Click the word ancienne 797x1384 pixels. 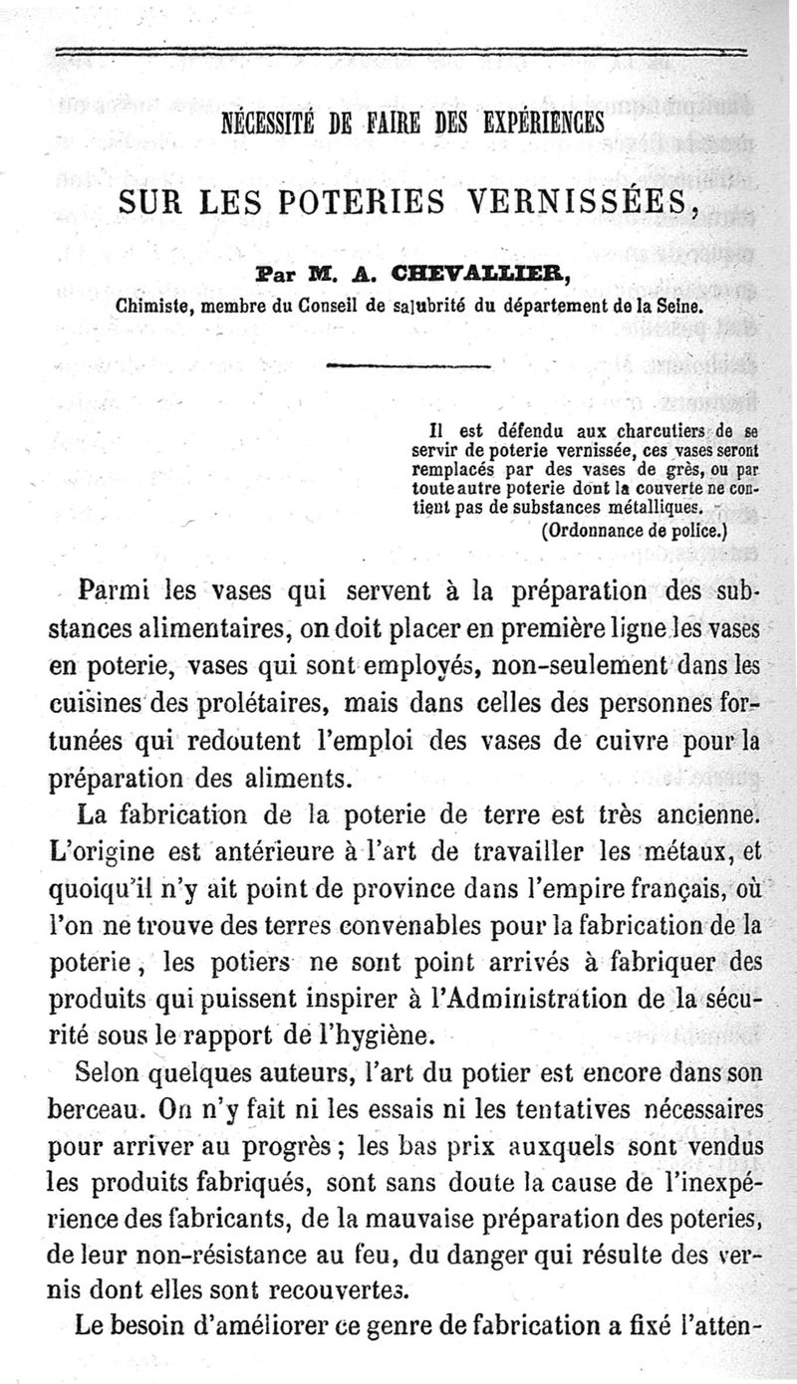(x=710, y=815)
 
